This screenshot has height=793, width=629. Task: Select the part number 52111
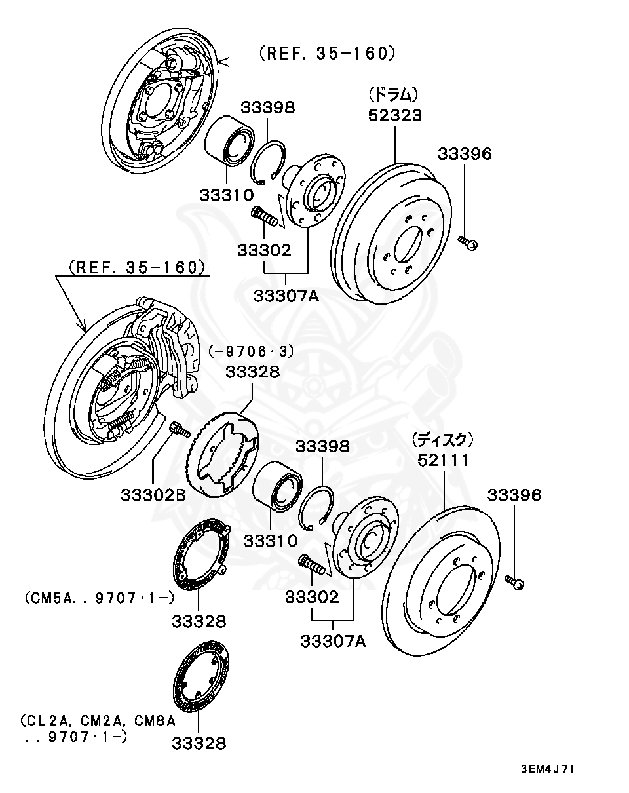[x=444, y=460]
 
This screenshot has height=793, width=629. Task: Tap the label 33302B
[x=153, y=495]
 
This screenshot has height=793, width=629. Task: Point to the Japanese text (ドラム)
[x=393, y=94]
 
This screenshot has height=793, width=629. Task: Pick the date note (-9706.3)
[x=252, y=351]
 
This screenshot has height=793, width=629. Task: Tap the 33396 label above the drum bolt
[x=464, y=154]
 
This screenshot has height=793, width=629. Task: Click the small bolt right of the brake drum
[x=468, y=243]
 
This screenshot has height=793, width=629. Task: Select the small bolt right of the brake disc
[x=514, y=581]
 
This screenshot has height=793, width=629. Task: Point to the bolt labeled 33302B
[x=178, y=431]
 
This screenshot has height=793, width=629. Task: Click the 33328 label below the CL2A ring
[x=199, y=743]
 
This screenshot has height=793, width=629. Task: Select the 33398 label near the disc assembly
[x=322, y=446]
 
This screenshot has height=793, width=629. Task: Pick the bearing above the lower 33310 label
[x=277, y=486]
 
